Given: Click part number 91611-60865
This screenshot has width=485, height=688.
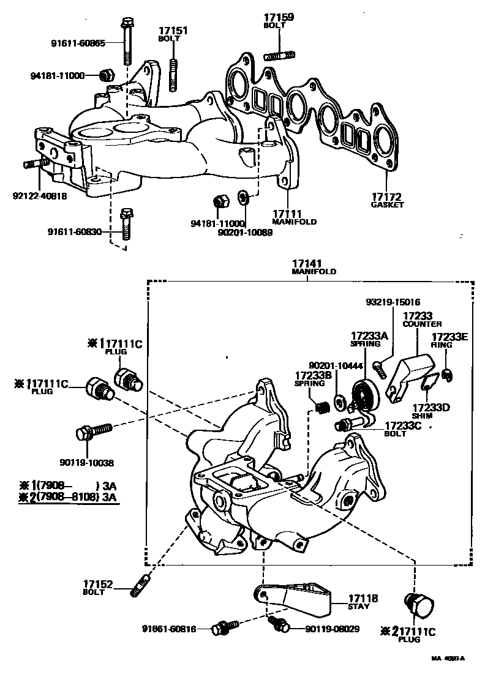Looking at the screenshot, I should [78, 43].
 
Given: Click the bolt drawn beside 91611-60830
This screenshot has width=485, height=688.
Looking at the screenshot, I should [127, 225].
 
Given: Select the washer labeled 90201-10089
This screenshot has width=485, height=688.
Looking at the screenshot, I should [243, 198].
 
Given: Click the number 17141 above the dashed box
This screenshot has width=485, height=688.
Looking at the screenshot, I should [309, 263].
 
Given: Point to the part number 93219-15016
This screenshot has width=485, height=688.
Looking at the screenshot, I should [393, 302].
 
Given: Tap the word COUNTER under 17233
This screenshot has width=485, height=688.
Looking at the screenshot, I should [422, 324].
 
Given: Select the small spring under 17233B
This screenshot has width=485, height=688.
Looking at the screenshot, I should [318, 404].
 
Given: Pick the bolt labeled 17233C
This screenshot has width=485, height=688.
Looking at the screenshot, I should [346, 424].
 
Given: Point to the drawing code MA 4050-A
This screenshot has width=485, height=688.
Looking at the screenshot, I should [448, 659].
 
